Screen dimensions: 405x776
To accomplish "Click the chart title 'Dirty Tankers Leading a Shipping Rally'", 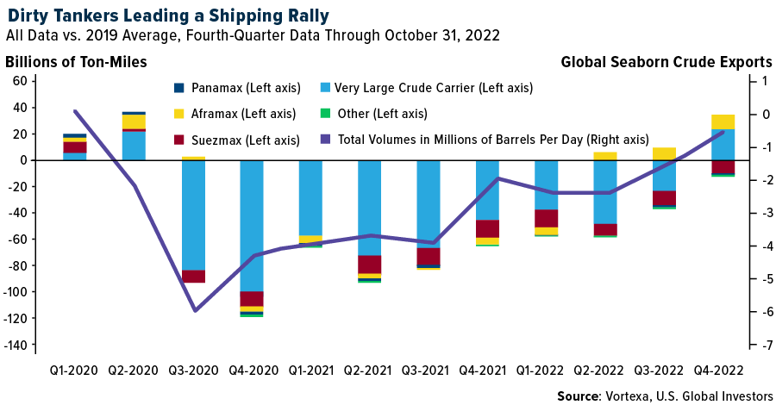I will point(167,15).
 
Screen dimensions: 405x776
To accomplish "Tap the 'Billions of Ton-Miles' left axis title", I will point(76,61).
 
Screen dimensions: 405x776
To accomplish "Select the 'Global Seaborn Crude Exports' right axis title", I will point(666,61).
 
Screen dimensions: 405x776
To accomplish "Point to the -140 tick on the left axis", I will point(19,345).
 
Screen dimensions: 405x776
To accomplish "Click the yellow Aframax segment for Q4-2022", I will point(723,121).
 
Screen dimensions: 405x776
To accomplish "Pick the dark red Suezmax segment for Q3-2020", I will point(192,277).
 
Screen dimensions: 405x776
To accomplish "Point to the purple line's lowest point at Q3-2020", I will point(194,310).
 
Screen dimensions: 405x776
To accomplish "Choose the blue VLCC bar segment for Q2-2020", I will point(134,146).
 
